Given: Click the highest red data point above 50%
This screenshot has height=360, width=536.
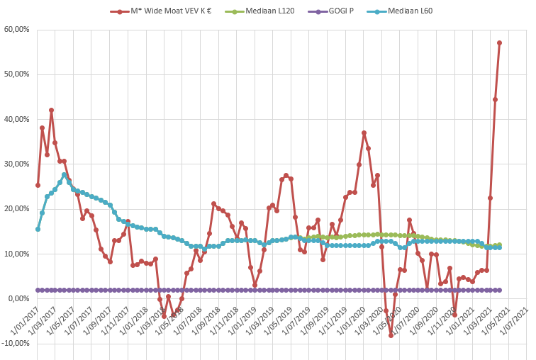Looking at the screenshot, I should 500,43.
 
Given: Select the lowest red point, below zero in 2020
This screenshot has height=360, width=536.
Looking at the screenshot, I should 391,335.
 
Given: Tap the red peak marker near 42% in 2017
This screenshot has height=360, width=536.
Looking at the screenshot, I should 51,110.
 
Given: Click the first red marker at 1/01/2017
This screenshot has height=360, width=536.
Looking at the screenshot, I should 38,185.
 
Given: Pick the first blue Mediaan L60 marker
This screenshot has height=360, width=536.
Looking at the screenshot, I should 38,229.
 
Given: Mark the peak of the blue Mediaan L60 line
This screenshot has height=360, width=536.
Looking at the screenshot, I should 65,174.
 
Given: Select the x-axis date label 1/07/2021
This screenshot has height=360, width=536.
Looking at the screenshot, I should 515,327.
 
